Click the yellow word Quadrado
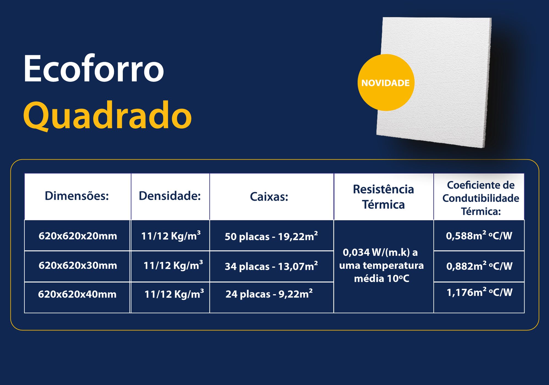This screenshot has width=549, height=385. [107, 115]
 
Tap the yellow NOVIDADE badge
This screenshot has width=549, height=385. [386, 83]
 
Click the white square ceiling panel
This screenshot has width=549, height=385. [434, 82]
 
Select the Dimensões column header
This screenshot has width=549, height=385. [77, 196]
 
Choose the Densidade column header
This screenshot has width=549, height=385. [170, 196]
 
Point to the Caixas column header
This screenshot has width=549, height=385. [269, 196]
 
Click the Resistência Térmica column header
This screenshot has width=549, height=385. [383, 197]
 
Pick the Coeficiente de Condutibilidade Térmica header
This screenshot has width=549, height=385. [481, 198]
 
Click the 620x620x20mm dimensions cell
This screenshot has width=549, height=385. [78, 236]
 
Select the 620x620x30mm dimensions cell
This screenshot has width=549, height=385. [78, 265]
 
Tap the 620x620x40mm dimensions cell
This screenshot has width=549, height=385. [77, 294]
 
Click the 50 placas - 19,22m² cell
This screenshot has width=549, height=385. [271, 236]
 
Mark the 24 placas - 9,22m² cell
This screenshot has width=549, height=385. [269, 294]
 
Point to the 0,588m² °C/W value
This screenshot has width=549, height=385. [479, 235]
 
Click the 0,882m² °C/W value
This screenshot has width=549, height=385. [479, 265]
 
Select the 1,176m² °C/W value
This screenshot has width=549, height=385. [480, 292]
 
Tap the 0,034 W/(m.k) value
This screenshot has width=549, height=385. [380, 252]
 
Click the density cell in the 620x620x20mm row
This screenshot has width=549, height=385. [171, 235]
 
